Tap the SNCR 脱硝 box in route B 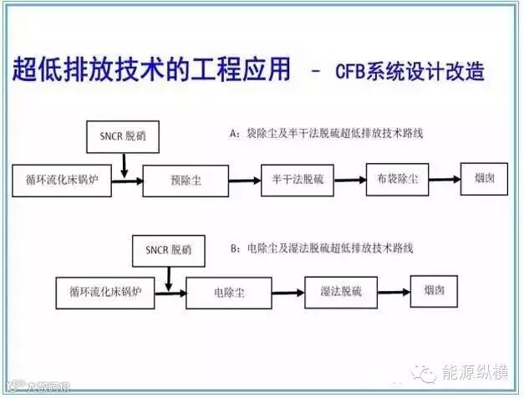(167, 250)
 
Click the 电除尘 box (227, 293)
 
